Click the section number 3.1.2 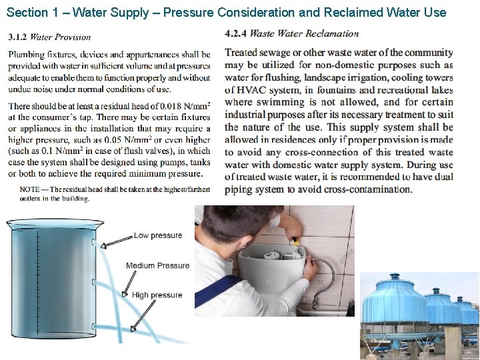tap(18, 37)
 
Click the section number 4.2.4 tap(236, 33)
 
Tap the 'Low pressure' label tap(158, 235)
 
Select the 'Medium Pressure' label tap(157, 265)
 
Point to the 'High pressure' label tap(157, 295)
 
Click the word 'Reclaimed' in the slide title tap(336, 11)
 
